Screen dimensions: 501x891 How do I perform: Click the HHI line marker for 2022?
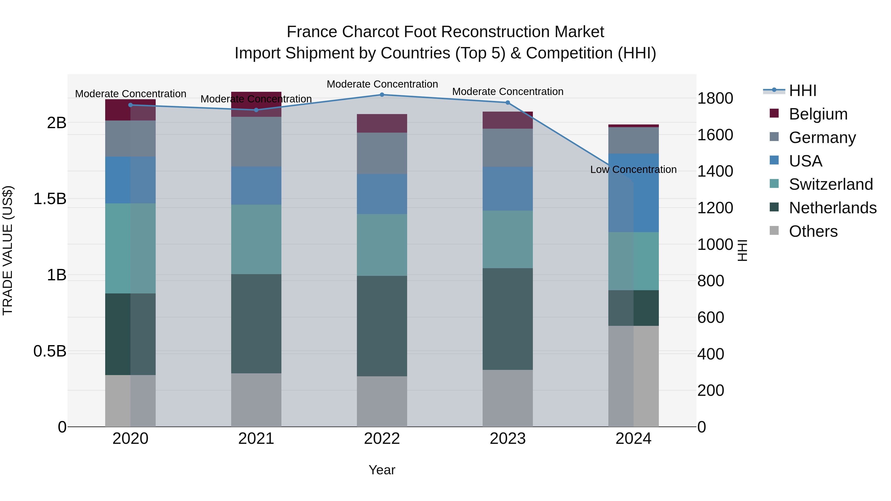pyautogui.click(x=382, y=95)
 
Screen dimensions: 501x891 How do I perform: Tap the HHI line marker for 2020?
pyautogui.click(x=130, y=105)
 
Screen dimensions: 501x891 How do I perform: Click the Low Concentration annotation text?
pyautogui.click(x=633, y=169)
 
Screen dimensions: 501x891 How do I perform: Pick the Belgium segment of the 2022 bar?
pyautogui.click(x=382, y=123)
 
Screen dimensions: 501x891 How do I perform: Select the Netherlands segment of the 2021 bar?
pyautogui.click(x=256, y=324)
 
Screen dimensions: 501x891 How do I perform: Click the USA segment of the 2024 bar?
pyautogui.click(x=633, y=193)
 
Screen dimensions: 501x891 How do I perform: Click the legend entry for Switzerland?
pyautogui.click(x=830, y=184)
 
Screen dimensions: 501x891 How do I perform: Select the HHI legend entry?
pyautogui.click(x=802, y=91)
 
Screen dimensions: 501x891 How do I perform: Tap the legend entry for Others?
pyautogui.click(x=813, y=231)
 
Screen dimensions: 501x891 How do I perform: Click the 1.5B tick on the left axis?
pyautogui.click(x=50, y=199)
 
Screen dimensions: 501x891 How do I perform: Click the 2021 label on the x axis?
pyautogui.click(x=256, y=439)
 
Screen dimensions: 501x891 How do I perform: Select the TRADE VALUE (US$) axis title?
pyautogui.click(x=8, y=250)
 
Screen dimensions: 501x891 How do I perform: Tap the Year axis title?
pyautogui.click(x=382, y=470)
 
